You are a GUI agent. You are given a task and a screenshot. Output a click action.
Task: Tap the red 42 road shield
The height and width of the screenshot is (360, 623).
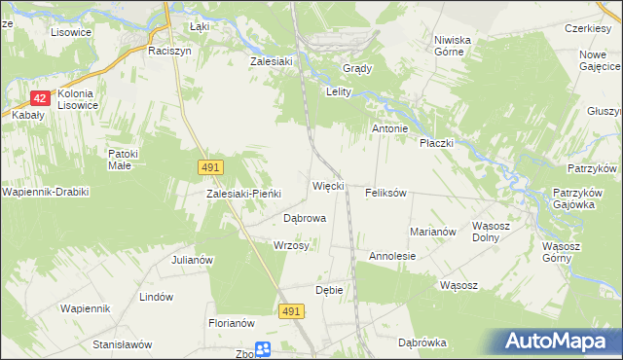coord(40,98)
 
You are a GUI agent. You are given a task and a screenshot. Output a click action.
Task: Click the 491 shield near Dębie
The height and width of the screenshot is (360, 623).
coord(291,310)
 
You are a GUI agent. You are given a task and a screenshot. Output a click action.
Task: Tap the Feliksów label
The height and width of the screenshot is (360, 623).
coord(385,193)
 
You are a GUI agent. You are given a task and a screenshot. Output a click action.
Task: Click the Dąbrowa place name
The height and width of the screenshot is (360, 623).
coord(304,219)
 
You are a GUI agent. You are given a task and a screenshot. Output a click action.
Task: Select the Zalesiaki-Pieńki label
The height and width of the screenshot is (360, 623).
coord(243,194)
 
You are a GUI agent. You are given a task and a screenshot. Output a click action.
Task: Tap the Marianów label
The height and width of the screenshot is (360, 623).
coord(433,232)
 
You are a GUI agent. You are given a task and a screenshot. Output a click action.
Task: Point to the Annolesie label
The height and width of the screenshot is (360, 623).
coord(392,256)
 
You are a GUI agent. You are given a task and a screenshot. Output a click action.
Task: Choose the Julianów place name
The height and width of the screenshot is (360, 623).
coord(192,260)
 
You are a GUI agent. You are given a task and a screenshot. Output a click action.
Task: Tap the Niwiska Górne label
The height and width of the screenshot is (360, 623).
coord(453,47)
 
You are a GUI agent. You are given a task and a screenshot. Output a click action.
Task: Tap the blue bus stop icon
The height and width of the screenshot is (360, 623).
coord(263,350)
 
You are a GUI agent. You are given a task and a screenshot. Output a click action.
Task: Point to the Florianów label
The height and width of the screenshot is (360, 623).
coord(231,323)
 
